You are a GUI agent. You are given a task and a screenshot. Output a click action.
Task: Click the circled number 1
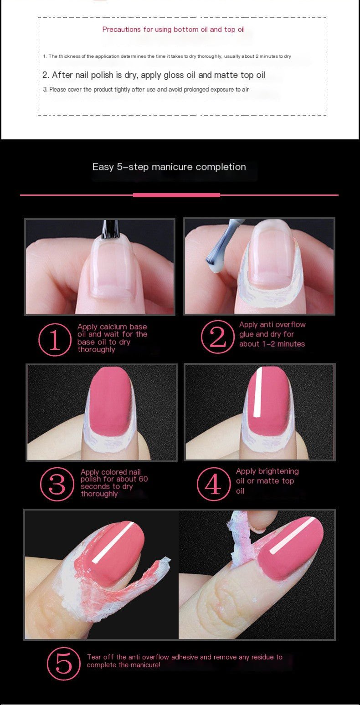point(55,340)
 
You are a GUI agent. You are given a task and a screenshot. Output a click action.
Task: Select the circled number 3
point(57,484)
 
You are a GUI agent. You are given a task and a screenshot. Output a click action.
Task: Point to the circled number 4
point(214,483)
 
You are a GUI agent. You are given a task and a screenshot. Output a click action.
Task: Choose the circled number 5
point(64,664)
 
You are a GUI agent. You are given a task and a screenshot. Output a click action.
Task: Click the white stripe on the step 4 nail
point(258,392)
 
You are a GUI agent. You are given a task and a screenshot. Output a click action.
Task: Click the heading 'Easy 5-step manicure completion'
point(169,167)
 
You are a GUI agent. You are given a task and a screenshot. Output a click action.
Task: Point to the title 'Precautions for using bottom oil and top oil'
point(173,29)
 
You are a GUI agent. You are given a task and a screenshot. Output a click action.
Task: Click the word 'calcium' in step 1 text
point(113,327)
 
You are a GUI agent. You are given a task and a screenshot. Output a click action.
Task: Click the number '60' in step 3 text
point(143,479)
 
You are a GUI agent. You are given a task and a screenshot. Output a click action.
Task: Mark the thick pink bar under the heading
point(176,195)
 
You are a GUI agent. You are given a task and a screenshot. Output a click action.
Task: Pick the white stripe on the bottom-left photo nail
point(113,542)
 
